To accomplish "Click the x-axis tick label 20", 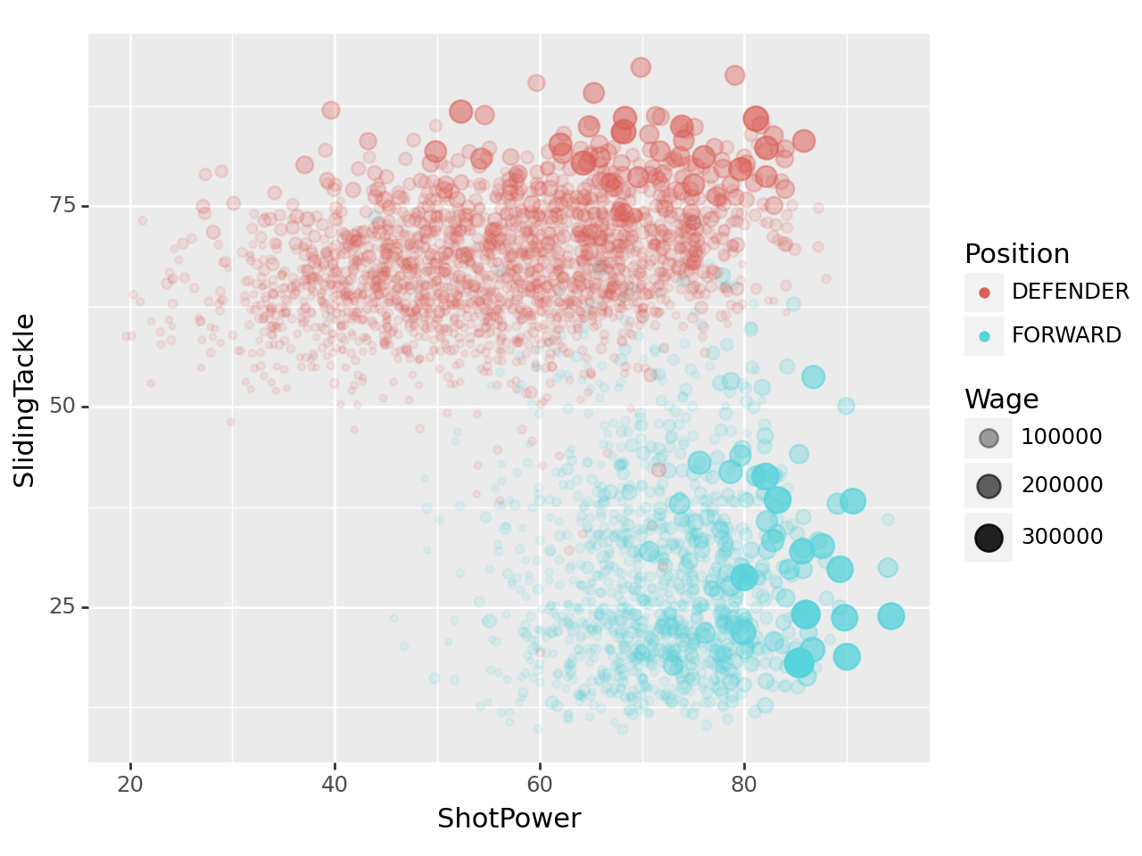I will coord(130,785).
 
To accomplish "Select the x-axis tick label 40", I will coord(335,785).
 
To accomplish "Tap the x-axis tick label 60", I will coord(539,785).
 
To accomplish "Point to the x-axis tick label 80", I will coord(743,785).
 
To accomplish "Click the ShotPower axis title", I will coord(509,819).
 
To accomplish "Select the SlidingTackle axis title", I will coord(25,400).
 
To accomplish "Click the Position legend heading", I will coord(1016,254).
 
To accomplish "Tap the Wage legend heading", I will coord(1001,399).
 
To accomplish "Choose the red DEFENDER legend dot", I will coord(984,292).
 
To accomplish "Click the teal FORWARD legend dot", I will coord(984,336).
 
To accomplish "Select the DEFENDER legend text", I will coord(1070,292).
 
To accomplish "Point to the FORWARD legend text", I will coord(1066,335).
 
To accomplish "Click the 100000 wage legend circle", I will coord(989,438).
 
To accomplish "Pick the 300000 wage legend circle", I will coord(989,538).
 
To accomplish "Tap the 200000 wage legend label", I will coord(1062,485).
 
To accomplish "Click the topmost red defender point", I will coord(641,68).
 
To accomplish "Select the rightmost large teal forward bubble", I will coord(890,616).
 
